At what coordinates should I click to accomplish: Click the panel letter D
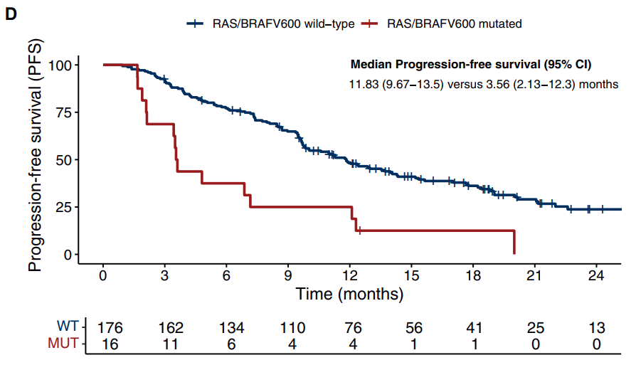[x=11, y=15]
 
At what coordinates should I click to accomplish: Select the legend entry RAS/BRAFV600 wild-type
[x=270, y=24]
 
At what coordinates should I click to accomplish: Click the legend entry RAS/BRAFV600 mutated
[x=442, y=24]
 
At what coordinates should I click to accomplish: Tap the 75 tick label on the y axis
[x=64, y=112]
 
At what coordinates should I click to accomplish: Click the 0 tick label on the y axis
[x=68, y=255]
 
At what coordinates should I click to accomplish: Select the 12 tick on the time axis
[x=349, y=276]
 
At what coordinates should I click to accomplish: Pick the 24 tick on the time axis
[x=596, y=276]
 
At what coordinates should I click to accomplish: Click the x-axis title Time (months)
[x=349, y=294]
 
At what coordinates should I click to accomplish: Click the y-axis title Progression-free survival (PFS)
[x=35, y=155]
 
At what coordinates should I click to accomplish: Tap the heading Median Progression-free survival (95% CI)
[x=471, y=65]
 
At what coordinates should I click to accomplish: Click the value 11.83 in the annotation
[x=364, y=85]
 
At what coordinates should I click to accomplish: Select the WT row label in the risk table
[x=68, y=326]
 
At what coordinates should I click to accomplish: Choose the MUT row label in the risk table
[x=63, y=343]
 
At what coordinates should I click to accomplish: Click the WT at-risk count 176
[x=110, y=328]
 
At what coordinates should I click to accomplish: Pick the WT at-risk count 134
[x=232, y=328]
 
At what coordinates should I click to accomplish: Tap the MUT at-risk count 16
[x=110, y=344]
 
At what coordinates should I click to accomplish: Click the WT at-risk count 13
[x=596, y=328]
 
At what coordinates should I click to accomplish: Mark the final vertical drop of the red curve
[x=514, y=243]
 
